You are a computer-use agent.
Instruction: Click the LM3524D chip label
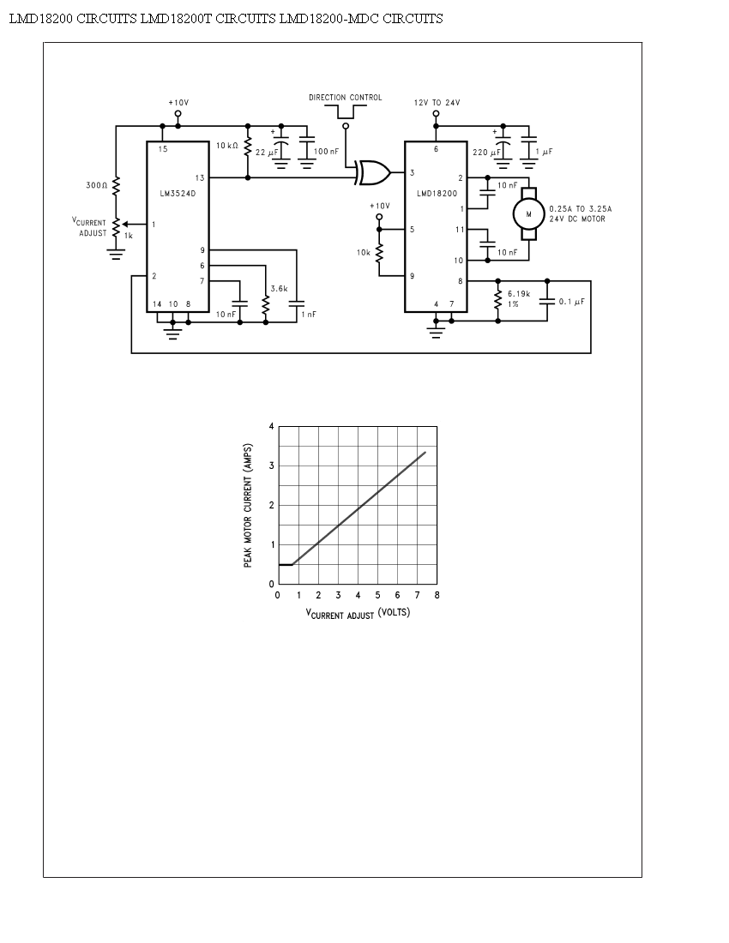pos(178,194)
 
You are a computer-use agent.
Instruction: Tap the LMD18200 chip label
pos(437,194)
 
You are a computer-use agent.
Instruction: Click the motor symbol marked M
pos(528,214)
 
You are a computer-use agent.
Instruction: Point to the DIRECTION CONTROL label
pos(346,98)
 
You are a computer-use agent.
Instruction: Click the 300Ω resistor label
pos(96,185)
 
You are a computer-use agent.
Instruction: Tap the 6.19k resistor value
pos(519,294)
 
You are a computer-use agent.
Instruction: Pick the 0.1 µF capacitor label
pos(571,302)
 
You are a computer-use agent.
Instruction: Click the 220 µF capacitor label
pos(486,152)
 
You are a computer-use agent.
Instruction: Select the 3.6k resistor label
pos(279,289)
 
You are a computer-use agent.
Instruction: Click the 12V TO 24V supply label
pos(437,103)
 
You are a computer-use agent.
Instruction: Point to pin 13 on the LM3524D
pos(200,178)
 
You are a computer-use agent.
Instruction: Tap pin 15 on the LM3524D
pos(163,149)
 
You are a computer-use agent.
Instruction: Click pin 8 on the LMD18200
pos(461,281)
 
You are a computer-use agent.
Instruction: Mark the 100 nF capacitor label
pos(326,152)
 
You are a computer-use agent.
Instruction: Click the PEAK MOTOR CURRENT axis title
pos(248,506)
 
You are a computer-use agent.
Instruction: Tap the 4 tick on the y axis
pos(271,426)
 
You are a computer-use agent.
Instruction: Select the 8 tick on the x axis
pos(437,596)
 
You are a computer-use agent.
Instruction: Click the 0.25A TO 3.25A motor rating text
pos(581,209)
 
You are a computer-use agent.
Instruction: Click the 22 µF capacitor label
pos(267,153)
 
